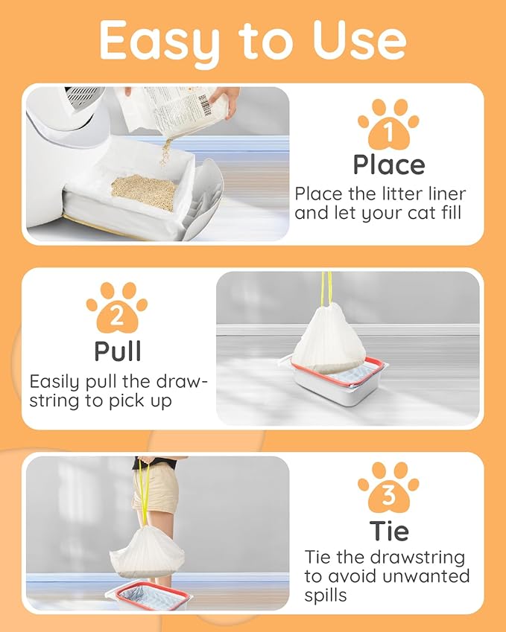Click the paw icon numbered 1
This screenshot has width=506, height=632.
(388, 124)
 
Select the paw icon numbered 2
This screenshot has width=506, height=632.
(117, 307)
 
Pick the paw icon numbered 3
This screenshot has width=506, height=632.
(388, 487)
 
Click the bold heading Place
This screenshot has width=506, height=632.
(389, 165)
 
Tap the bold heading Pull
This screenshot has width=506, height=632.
(118, 351)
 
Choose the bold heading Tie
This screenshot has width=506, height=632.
(389, 531)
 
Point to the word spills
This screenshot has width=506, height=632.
(326, 596)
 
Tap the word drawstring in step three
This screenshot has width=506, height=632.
(417, 557)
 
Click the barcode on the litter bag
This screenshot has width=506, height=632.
(206, 106)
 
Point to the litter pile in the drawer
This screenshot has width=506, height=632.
(144, 192)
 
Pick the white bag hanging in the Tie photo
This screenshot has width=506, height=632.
(148, 552)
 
